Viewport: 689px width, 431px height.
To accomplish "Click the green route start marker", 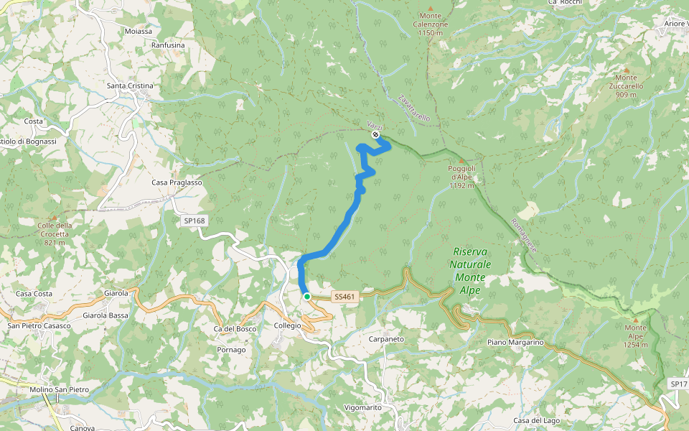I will [307, 296].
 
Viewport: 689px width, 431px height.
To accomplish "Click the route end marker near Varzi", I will [375, 134].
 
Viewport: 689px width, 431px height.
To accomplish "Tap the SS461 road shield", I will [344, 296].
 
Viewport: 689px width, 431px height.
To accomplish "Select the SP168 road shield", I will [194, 221].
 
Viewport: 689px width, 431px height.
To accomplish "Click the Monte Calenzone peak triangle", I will [431, 8].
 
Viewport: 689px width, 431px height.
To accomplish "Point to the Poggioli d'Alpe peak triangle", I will [461, 161].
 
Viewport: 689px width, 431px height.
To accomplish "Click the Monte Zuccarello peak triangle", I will [626, 70].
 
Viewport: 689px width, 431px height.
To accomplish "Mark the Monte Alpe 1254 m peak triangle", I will [635, 320].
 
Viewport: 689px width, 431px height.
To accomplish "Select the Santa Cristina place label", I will [130, 86].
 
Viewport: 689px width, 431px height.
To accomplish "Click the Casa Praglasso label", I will [177, 182].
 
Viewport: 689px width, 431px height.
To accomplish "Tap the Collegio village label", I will [288, 325].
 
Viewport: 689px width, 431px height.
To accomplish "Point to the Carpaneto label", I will [386, 338].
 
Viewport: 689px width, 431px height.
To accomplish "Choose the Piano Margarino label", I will [516, 343].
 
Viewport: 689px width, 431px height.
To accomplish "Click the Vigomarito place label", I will [362, 407].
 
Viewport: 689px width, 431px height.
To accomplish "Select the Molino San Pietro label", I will [59, 389].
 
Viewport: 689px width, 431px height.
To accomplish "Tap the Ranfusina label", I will [168, 45].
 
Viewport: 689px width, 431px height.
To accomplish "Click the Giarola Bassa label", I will [106, 315].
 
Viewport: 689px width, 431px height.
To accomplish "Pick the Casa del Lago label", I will [536, 420].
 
